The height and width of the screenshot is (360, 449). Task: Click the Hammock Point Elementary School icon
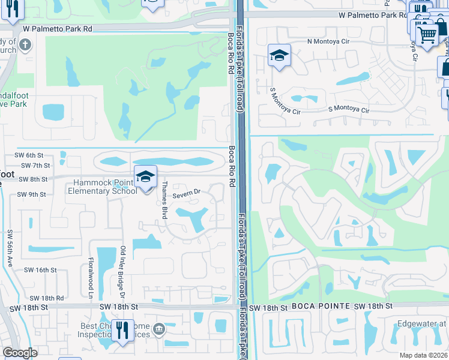pyautogui.click(x=145, y=176)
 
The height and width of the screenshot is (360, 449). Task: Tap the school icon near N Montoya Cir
pyautogui.click(x=279, y=55)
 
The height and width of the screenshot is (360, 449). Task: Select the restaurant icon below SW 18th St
pyautogui.click(x=122, y=329)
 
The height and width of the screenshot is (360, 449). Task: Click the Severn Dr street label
pyautogui.click(x=186, y=194)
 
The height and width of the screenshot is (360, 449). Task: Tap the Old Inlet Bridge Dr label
pyautogui.click(x=122, y=270)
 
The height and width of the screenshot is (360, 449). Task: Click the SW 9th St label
pyautogui.click(x=32, y=194)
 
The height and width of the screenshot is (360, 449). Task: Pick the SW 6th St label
pyautogui.click(x=31, y=155)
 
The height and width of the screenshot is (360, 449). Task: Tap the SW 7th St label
pyautogui.click(x=35, y=165)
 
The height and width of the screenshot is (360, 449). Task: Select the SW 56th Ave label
pyautogui.click(x=10, y=248)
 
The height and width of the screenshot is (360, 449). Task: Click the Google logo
pyautogui.click(x=19, y=353)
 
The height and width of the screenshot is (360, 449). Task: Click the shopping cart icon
pyautogui.click(x=427, y=34)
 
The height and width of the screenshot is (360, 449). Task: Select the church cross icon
pyautogui.click(x=25, y=44)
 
